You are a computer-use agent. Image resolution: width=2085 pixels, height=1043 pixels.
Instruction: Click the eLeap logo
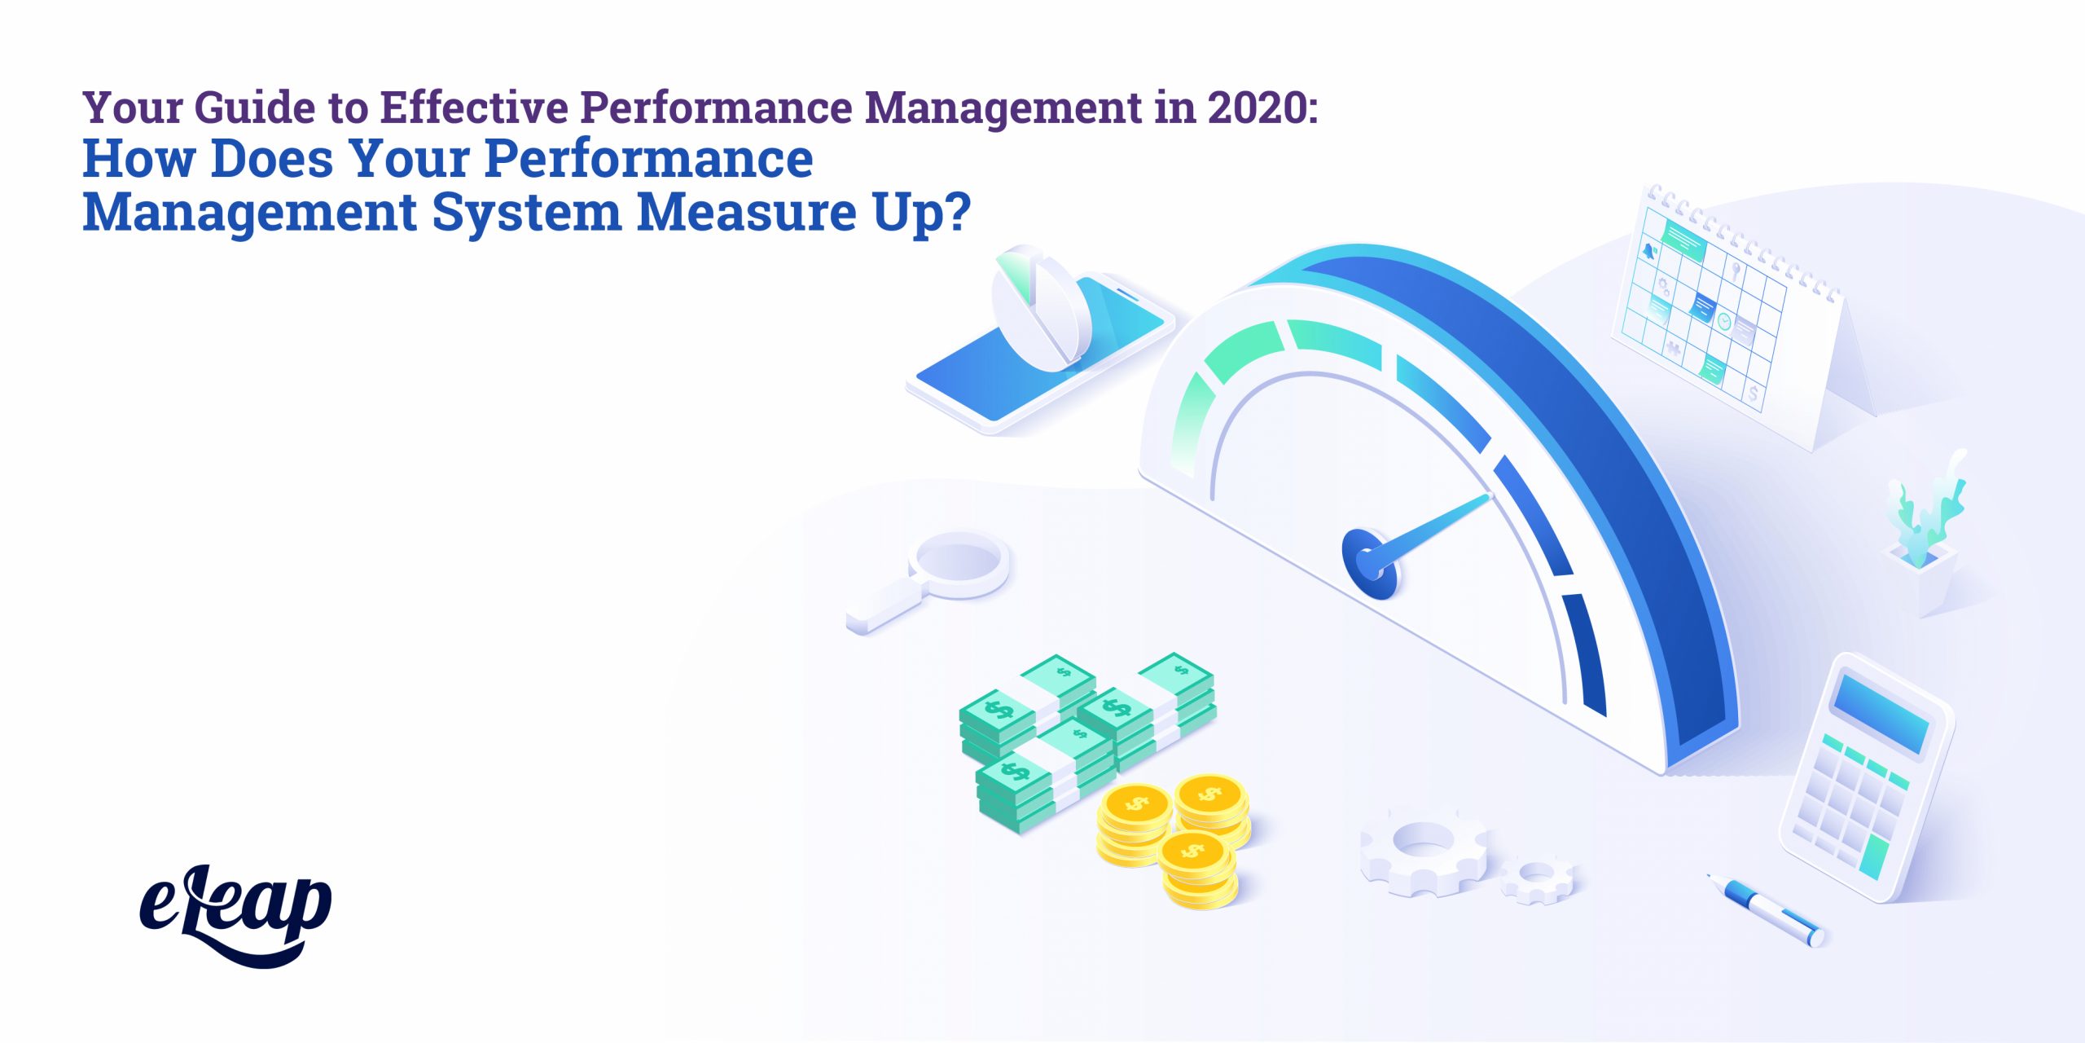pos(235,915)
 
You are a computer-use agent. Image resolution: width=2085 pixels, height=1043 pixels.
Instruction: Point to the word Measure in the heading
pos(746,212)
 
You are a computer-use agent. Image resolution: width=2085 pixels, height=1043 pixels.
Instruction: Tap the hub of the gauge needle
pos(1369,563)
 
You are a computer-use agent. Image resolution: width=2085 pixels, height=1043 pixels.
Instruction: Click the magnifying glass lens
pos(959,563)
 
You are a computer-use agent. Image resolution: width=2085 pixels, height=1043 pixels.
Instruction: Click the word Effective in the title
pos(475,108)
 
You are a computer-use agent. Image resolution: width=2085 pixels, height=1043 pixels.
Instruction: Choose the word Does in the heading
pos(272,159)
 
